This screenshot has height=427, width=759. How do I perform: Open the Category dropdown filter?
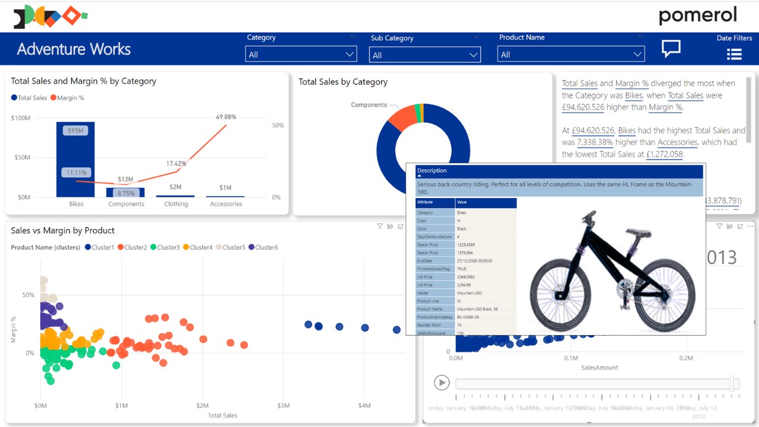coord(301,55)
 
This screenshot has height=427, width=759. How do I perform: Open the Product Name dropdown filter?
coord(570,55)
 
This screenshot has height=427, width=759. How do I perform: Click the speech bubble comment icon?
coord(671,49)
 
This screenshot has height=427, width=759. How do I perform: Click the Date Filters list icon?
coord(734,55)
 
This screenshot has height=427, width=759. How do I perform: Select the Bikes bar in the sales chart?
coord(75,159)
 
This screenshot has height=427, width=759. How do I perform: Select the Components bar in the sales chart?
coord(125,192)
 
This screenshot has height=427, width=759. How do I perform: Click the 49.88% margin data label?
coord(226,117)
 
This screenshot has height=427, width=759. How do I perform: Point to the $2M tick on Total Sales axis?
coord(202,406)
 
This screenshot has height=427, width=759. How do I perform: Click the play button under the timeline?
coord(441,383)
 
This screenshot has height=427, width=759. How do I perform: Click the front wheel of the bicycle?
coord(665,295)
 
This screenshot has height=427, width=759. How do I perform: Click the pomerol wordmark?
coord(697,16)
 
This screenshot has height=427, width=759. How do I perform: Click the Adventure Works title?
coord(74,49)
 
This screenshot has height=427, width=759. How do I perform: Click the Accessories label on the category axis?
coord(226,204)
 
